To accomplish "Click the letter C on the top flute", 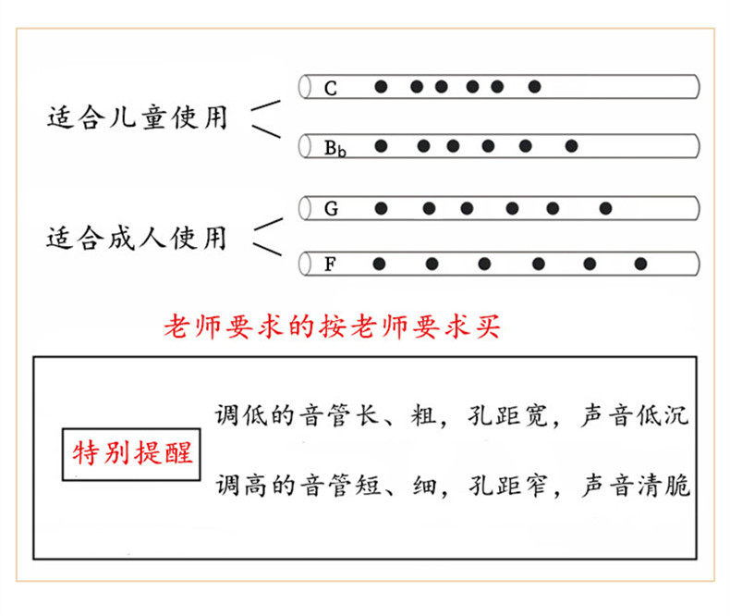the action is (x=331, y=89).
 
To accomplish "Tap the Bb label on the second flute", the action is (x=335, y=147).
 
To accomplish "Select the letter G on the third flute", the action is (x=331, y=209).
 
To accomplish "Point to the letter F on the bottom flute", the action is (x=330, y=265).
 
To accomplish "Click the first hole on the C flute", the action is (x=381, y=87).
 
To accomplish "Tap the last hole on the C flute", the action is (x=534, y=87).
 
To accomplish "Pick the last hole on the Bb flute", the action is (x=571, y=145).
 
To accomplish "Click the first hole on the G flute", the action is (x=380, y=208).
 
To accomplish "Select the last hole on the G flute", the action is (x=606, y=208).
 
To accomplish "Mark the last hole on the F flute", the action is (x=640, y=265).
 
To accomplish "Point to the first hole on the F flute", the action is (x=379, y=265).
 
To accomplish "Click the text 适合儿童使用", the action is (x=137, y=118).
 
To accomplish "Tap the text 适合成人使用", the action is (x=137, y=239).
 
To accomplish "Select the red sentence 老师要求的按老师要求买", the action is (x=332, y=326).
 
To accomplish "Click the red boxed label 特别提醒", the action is (x=133, y=453).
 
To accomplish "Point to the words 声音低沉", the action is (x=635, y=415).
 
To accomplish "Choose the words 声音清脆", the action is (x=635, y=485).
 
